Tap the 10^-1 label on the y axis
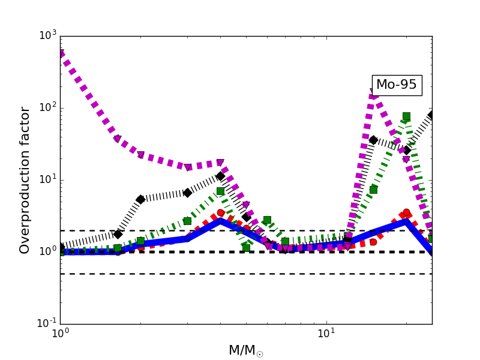44,323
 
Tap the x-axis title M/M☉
245,351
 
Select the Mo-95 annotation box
396,85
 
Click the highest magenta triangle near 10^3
61,53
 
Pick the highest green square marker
406,116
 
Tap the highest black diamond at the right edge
431,115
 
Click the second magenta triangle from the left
117,139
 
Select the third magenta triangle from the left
140,155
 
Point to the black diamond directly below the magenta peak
373,140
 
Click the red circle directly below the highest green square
406,212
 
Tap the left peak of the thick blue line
220,221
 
